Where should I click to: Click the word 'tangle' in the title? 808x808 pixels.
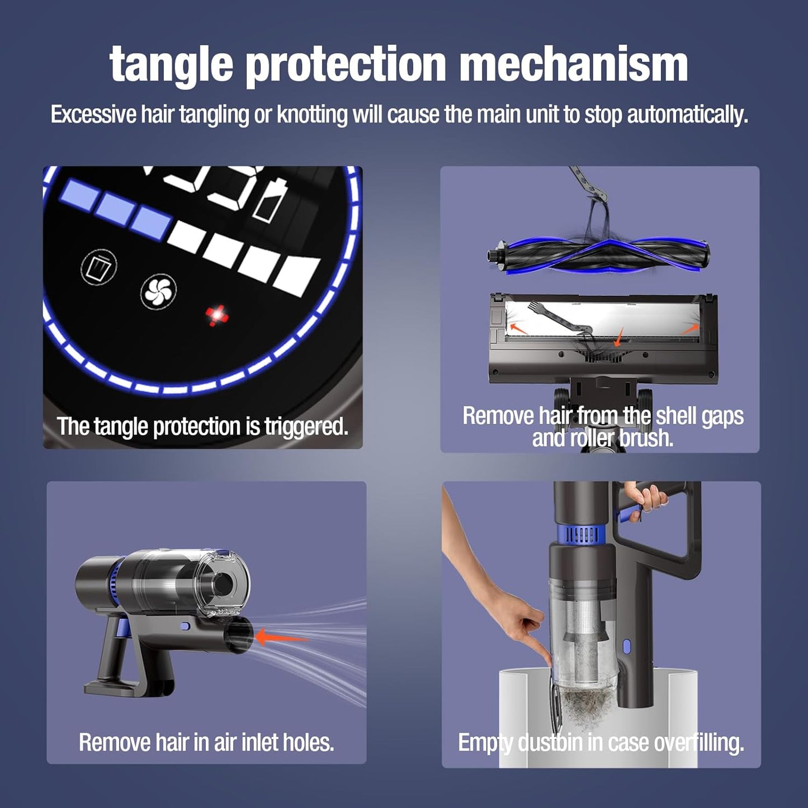tap(171, 64)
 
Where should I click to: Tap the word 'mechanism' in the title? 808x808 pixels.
tap(573, 64)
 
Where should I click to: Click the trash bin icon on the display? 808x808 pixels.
tap(99, 267)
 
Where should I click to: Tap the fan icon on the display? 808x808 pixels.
tap(158, 291)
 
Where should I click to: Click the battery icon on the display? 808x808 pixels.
tap(270, 200)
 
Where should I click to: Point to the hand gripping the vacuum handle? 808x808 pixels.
tap(646, 497)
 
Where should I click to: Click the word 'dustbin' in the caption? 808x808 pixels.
tap(551, 743)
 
